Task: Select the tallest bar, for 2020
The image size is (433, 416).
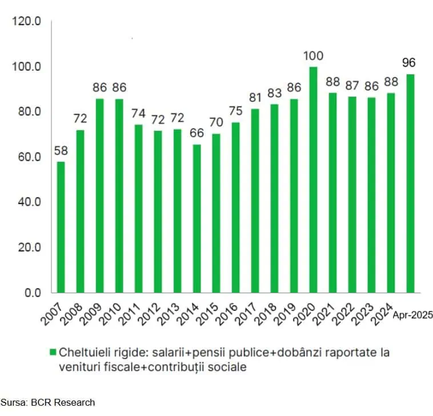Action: (313, 179)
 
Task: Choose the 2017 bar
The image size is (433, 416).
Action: (255, 201)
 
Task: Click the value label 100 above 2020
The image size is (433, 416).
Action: (313, 56)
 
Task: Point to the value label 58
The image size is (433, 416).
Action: (61, 151)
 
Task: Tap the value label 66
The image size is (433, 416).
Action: (197, 134)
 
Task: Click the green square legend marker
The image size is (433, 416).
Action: (53, 353)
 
